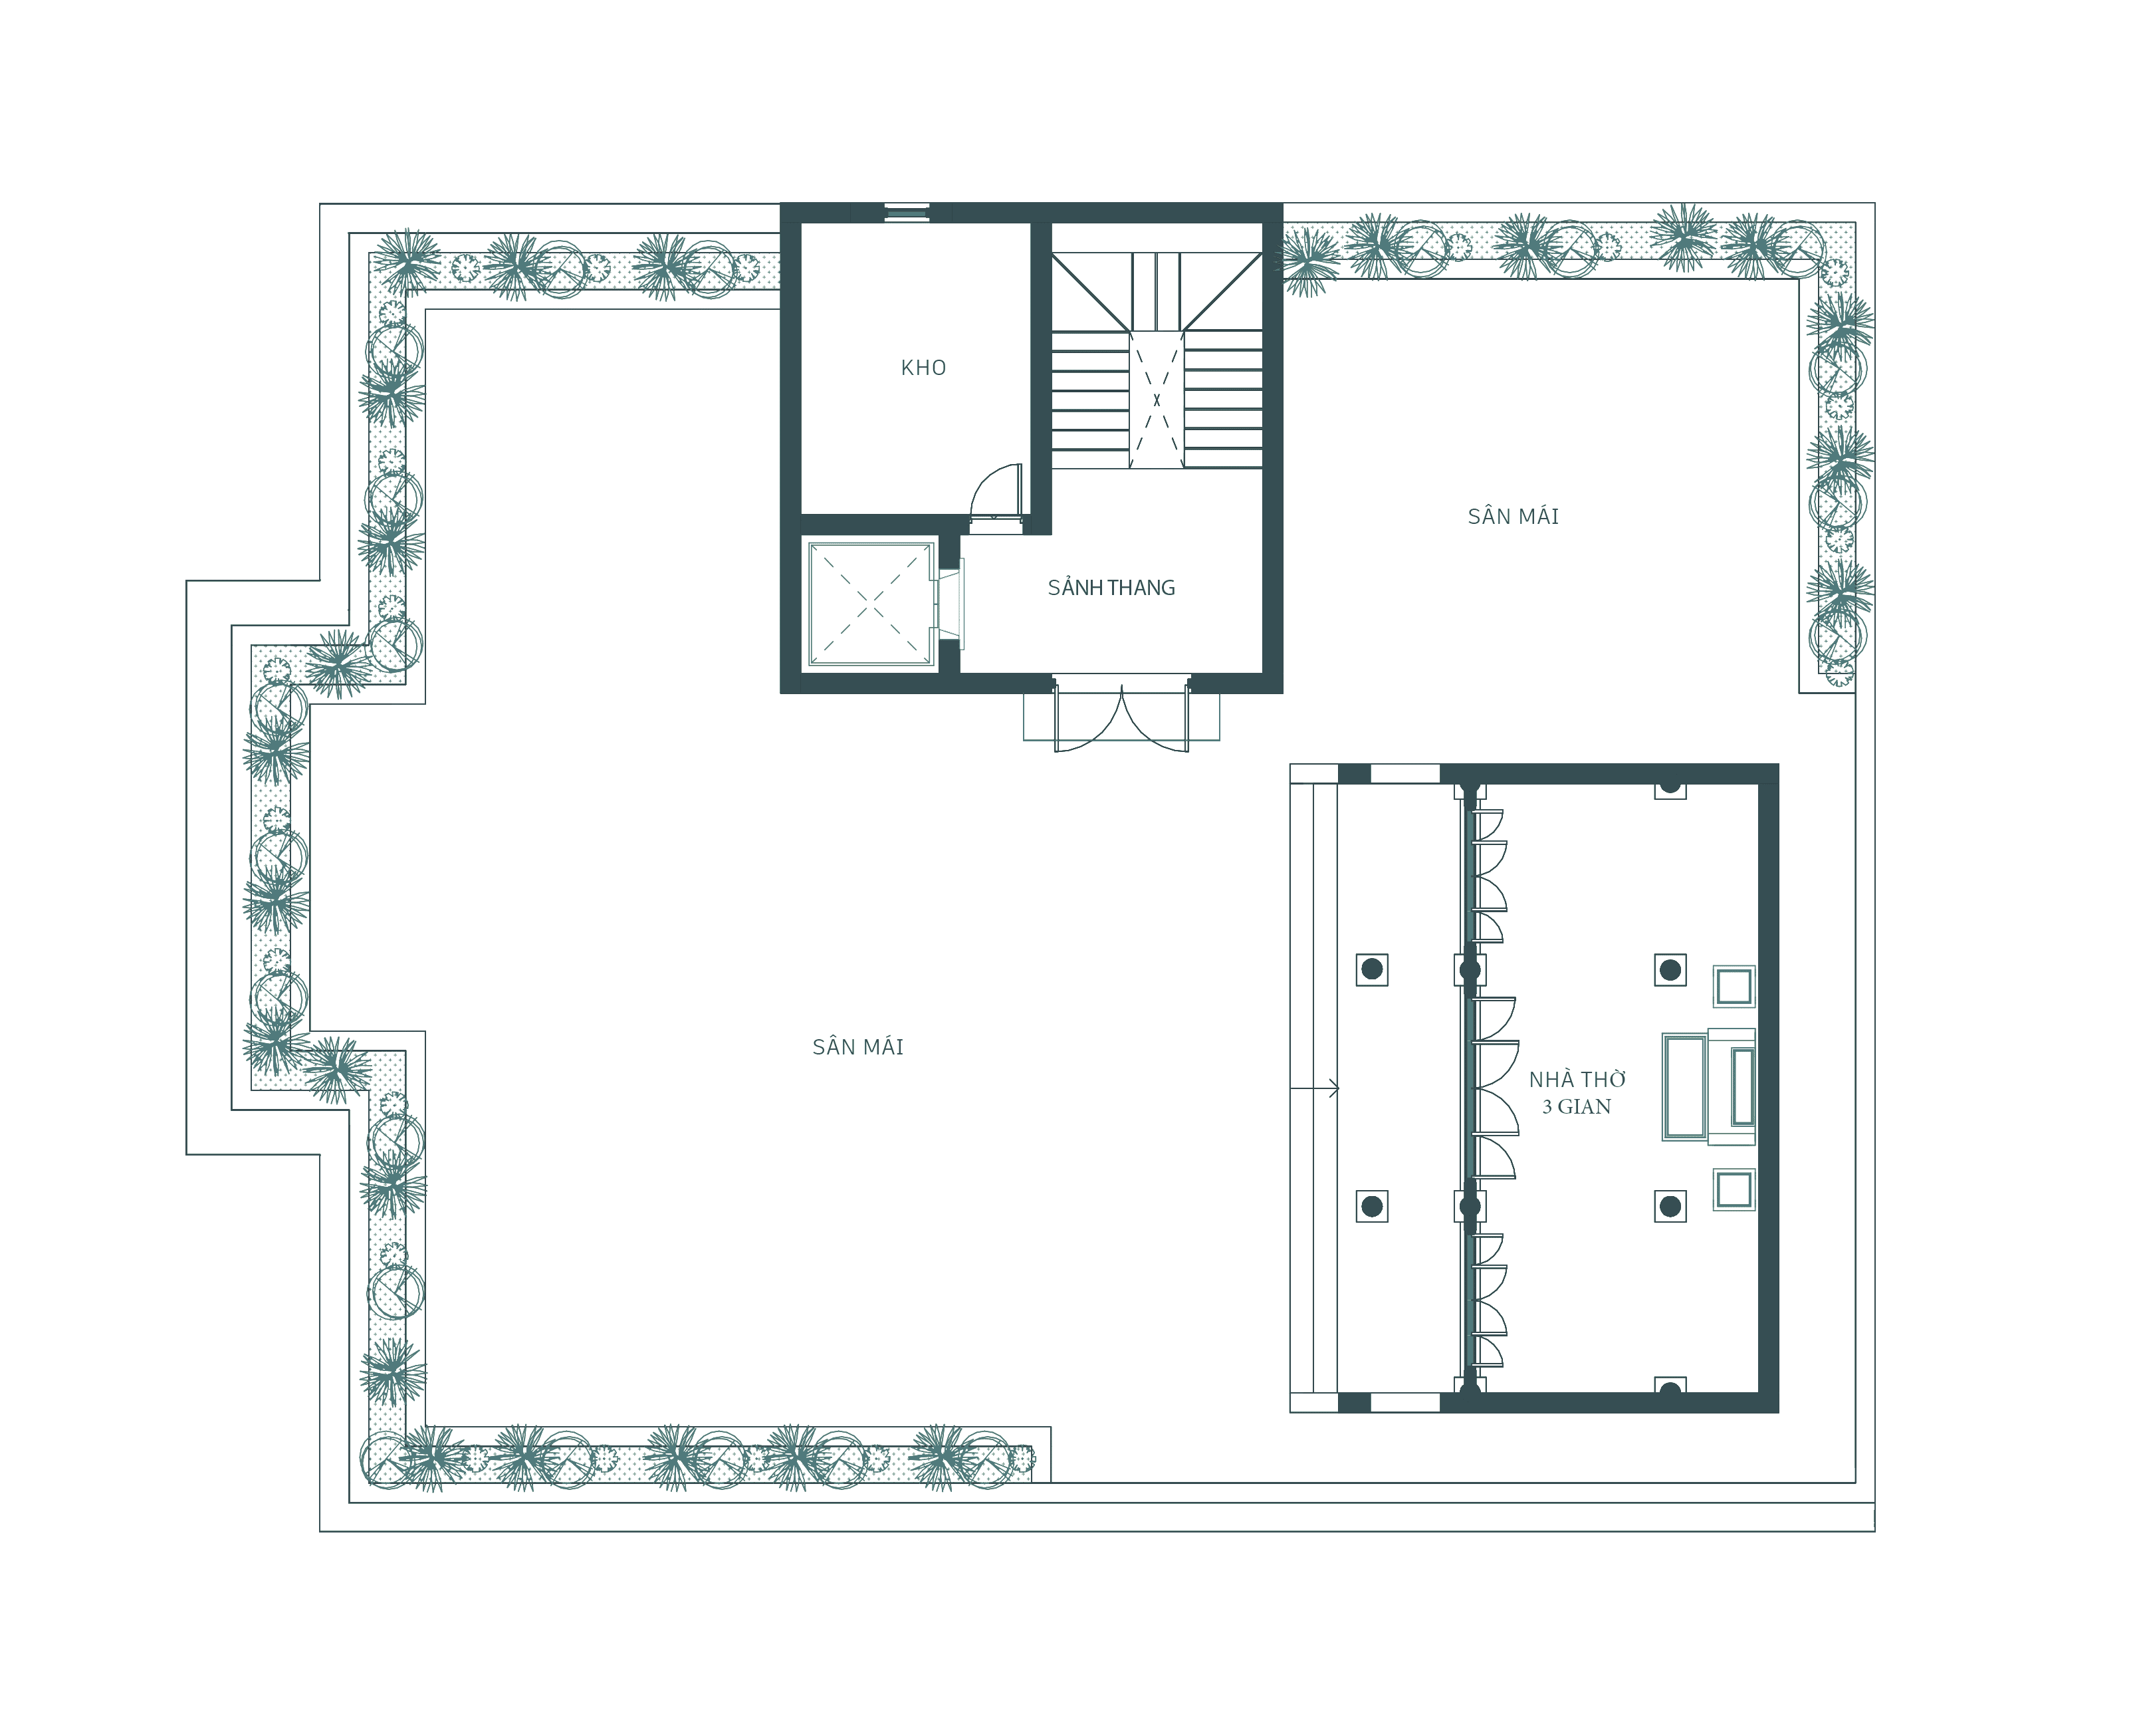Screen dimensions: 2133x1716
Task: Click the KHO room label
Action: pyautogui.click(x=923, y=368)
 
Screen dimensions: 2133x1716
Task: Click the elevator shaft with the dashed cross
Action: pyautogui.click(x=871, y=602)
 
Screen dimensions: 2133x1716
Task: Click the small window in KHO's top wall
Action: pyautogui.click(x=906, y=213)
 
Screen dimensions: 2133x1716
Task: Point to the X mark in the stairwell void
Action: pyautogui.click(x=1157, y=400)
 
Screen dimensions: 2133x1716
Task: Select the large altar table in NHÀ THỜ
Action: pyautogui.click(x=1685, y=1086)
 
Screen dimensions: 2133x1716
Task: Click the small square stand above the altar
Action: pyautogui.click(x=1734, y=987)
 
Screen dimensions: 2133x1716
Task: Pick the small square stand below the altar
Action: pyautogui.click(x=1734, y=1189)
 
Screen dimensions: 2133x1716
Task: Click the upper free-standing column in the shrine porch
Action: pyautogui.click(x=1371, y=970)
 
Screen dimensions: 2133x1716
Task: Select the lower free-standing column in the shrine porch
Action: pyautogui.click(x=1371, y=1206)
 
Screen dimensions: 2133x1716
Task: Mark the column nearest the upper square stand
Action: pyautogui.click(x=1670, y=970)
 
